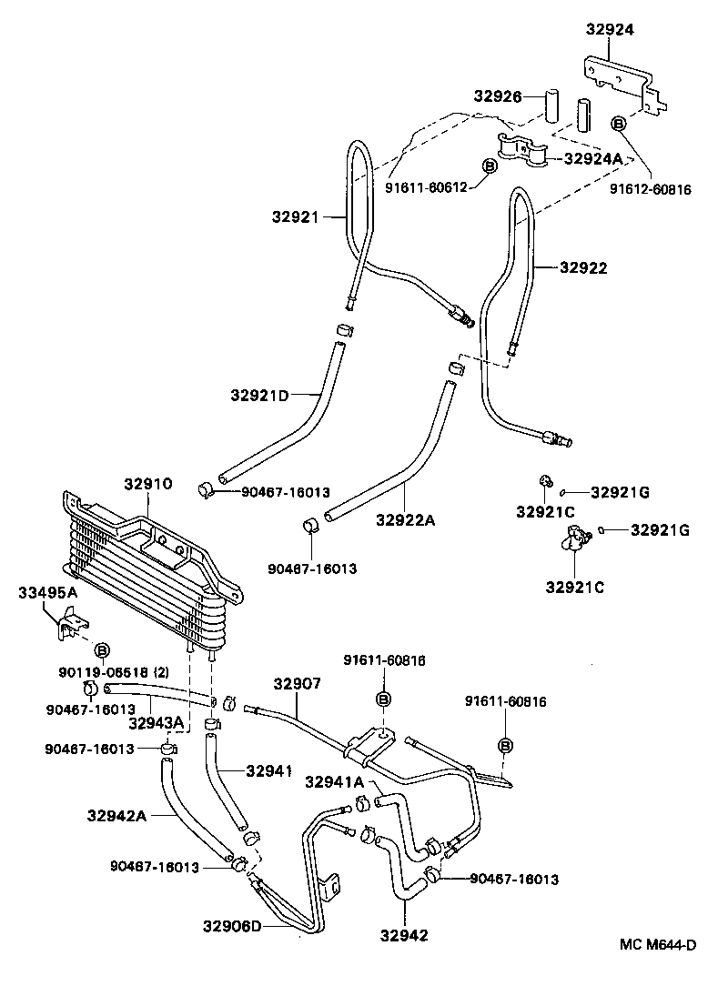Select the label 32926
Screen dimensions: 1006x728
(496, 96)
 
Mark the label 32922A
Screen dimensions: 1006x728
(405, 520)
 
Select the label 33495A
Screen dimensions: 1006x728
(48, 593)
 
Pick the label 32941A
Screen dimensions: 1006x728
(334, 781)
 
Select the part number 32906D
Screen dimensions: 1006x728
(231, 926)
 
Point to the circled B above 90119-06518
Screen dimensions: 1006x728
(103, 650)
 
